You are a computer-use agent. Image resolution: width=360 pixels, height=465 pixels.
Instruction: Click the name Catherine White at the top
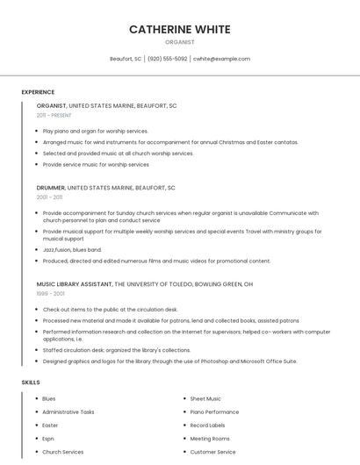tap(179, 29)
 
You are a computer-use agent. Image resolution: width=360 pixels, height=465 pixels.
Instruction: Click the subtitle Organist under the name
tap(179, 42)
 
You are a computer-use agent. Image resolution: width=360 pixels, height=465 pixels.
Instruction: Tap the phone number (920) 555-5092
tap(167, 59)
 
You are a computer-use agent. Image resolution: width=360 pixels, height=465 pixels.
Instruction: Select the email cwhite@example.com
tap(221, 59)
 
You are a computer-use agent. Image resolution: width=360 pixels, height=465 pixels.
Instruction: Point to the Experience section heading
tap(38, 92)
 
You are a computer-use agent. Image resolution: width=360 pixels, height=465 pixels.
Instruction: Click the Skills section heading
tap(30, 383)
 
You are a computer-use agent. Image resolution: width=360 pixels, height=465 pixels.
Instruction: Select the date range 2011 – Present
tap(54, 115)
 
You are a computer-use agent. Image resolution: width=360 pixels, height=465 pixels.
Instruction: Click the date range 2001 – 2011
tap(49, 197)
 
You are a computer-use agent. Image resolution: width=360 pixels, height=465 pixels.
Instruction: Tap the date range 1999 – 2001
tap(50, 294)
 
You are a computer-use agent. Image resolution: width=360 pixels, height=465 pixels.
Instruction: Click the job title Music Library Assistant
tap(75, 284)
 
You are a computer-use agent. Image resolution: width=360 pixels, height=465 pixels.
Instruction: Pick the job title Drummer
tap(51, 188)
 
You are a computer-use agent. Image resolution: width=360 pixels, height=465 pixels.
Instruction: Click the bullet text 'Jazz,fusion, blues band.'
tap(72, 249)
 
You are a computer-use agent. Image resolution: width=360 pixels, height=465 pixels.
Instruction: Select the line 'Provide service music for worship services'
tap(96, 164)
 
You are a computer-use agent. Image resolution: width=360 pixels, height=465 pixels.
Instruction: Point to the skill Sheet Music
tap(205, 398)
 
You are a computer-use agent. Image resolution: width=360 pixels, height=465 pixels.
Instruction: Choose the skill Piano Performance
tap(214, 411)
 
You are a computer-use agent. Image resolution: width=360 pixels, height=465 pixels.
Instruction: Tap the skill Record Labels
tap(207, 426)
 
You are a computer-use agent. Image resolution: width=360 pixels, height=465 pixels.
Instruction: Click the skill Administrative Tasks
tap(68, 411)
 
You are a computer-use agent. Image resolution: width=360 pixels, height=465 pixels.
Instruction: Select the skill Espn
tap(48, 439)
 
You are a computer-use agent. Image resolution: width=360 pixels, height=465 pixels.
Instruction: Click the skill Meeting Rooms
tap(210, 439)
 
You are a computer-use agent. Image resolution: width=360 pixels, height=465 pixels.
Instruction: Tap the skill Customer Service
tap(212, 452)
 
